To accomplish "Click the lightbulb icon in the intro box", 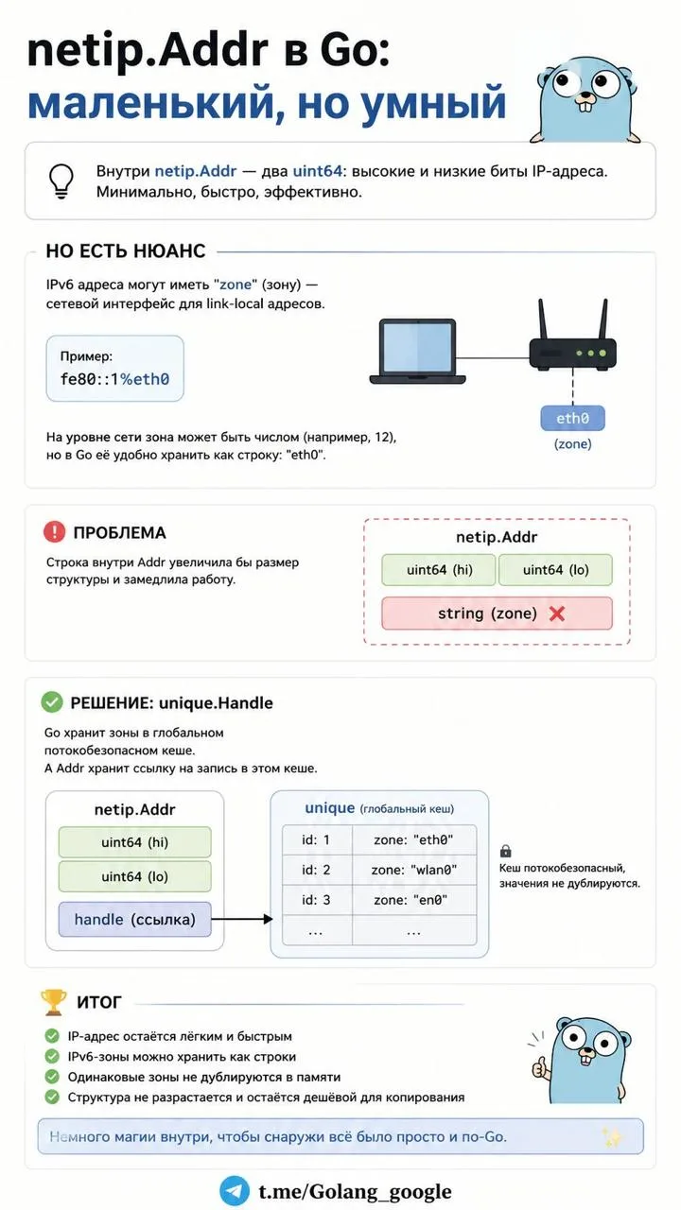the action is pyautogui.click(x=61, y=181).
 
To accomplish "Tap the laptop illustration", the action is pyautogui.click(x=417, y=352).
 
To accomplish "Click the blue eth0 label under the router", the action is pyautogui.click(x=573, y=419).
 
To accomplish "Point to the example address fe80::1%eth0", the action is pyautogui.click(x=115, y=379).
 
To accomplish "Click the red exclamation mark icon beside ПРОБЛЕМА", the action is pyautogui.click(x=54, y=532).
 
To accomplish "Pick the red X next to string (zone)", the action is pyautogui.click(x=557, y=614).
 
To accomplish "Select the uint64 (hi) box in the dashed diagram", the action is pyautogui.click(x=438, y=570).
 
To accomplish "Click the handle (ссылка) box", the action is pyautogui.click(x=135, y=920).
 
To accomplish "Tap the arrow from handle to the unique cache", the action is pyautogui.click(x=241, y=920).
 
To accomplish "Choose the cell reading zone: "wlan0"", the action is pyautogui.click(x=414, y=871).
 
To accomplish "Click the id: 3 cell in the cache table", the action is pyautogui.click(x=317, y=900).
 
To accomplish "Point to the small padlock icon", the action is pyautogui.click(x=505, y=852).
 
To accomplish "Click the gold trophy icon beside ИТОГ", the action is pyautogui.click(x=54, y=1002).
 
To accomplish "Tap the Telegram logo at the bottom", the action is pyautogui.click(x=235, y=1191).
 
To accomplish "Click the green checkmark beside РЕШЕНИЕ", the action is pyautogui.click(x=52, y=702).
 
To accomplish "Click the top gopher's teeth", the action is pyautogui.click(x=585, y=105).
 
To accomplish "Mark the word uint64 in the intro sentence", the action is pyautogui.click(x=318, y=171).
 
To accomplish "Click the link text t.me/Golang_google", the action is pyautogui.click(x=355, y=1191).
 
